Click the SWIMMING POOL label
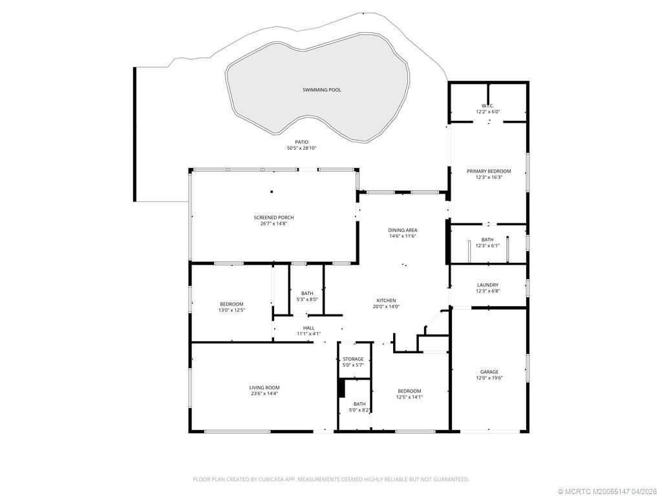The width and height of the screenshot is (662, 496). click(x=321, y=90)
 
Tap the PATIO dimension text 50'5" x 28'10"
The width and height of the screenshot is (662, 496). click(x=301, y=148)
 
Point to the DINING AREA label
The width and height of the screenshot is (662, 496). click(x=402, y=231)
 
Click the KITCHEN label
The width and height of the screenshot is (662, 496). click(x=387, y=300)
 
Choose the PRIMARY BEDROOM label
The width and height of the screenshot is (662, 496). click(x=489, y=171)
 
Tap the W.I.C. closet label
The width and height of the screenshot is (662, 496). click(x=487, y=106)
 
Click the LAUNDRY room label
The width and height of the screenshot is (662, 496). click(x=487, y=285)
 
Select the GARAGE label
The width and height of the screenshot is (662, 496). click(x=489, y=372)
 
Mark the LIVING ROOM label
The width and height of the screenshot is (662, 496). click(x=264, y=387)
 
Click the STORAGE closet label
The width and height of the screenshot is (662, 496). click(x=353, y=359)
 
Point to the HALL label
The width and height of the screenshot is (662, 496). click(x=308, y=328)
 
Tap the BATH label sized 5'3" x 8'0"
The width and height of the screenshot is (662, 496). click(x=307, y=293)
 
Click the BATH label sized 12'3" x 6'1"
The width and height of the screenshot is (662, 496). click(x=487, y=240)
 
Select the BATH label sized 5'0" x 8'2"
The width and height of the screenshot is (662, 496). click(x=359, y=404)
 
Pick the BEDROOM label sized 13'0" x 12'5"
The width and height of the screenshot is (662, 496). click(x=231, y=304)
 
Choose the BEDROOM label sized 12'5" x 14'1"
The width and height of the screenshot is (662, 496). click(x=409, y=391)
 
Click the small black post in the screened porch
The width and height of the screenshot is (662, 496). click(x=272, y=191)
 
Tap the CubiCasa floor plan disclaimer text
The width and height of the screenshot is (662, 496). click(x=331, y=479)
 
